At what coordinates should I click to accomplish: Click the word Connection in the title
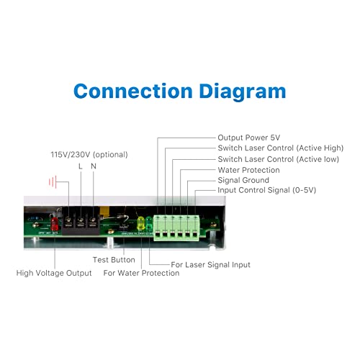133,91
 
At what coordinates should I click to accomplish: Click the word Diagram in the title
243,92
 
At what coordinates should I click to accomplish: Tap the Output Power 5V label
249,138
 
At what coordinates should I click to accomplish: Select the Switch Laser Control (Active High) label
281,148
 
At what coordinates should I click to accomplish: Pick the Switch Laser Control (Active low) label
279,159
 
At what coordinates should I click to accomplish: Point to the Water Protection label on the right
248,170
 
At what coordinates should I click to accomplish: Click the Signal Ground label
243,180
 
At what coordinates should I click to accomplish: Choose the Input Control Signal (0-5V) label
267,190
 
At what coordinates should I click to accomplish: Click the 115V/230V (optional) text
89,155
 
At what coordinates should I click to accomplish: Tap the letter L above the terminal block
81,166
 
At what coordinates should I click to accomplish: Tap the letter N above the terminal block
94,166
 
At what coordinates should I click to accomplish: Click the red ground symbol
53,182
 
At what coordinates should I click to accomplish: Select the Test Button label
114,260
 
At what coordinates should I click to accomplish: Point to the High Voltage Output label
54,273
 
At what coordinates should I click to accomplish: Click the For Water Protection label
141,273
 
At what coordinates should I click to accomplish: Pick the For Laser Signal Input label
210,265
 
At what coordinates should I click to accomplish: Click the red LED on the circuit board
55,224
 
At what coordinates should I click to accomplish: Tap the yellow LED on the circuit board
140,223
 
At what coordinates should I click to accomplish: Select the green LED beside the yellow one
149,223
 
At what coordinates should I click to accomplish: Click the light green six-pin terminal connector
176,228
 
